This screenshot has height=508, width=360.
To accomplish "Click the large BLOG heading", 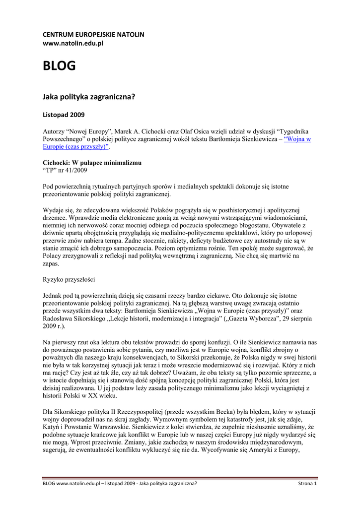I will coord(59,66).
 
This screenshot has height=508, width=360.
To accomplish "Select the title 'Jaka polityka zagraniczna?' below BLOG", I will coord(89,97).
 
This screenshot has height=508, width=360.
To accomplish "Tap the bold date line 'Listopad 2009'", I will coord(64,115).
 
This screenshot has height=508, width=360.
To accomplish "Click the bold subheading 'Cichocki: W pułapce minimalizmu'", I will coord(92,163).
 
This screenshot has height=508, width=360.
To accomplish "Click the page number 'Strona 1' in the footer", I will coord(307,483).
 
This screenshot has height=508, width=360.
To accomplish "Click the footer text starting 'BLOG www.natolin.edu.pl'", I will coord(120,483).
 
